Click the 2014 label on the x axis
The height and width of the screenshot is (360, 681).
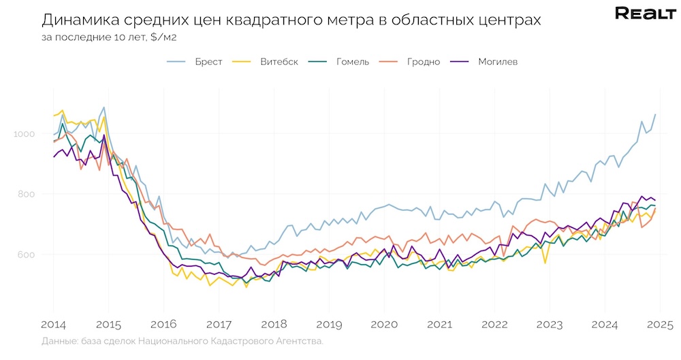click(x=53, y=324)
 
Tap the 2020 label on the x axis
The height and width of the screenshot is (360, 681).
click(x=383, y=324)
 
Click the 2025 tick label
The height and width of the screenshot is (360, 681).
click(x=659, y=324)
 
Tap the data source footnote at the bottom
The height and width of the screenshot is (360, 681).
click(x=182, y=341)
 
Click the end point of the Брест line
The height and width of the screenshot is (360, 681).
click(x=655, y=114)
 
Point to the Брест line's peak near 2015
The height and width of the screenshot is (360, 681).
click(x=104, y=107)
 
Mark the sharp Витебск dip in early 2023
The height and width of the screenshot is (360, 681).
click(x=545, y=263)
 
